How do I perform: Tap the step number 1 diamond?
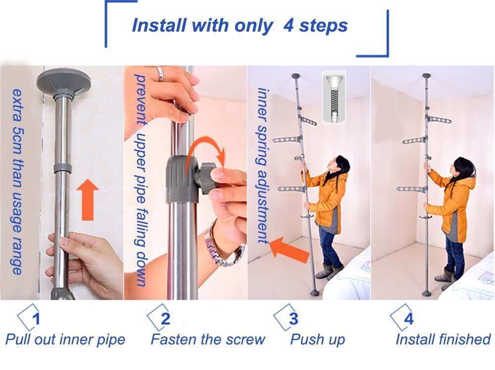tap(30, 318)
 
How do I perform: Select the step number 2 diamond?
tap(160, 318)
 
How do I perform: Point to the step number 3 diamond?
tap(287, 318)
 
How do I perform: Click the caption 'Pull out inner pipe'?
tap(65, 340)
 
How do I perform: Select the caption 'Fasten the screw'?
tap(208, 340)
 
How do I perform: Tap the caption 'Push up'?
tap(317, 340)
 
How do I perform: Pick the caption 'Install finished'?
tap(443, 340)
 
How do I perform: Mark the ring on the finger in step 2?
tap(159, 74)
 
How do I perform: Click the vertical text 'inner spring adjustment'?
tap(262, 165)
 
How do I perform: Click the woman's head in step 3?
tap(341, 164)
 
